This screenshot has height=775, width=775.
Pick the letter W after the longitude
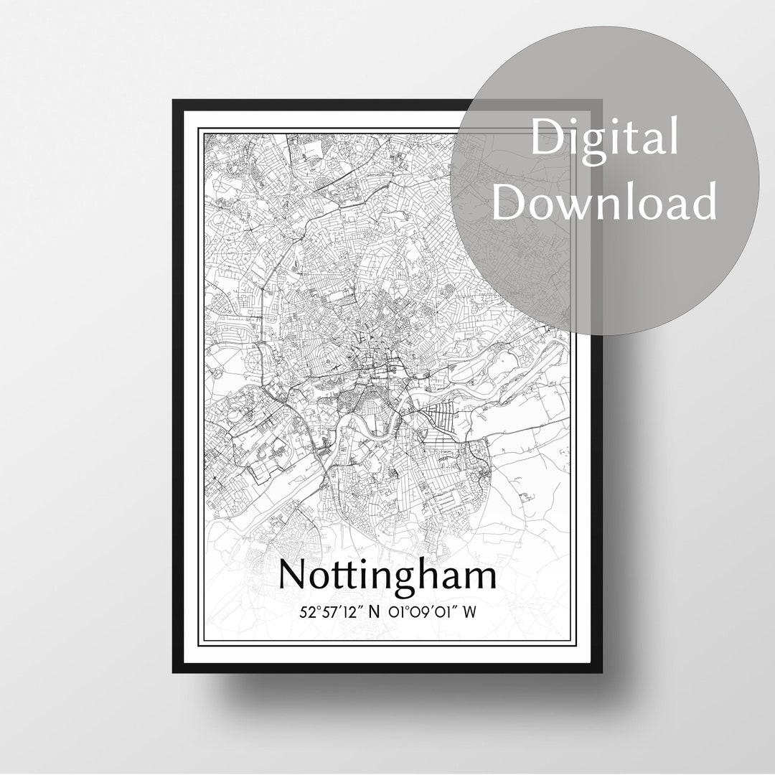tap(471, 611)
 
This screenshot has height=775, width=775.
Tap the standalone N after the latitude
tap(374, 611)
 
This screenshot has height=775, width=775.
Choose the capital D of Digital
tap(547, 138)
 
